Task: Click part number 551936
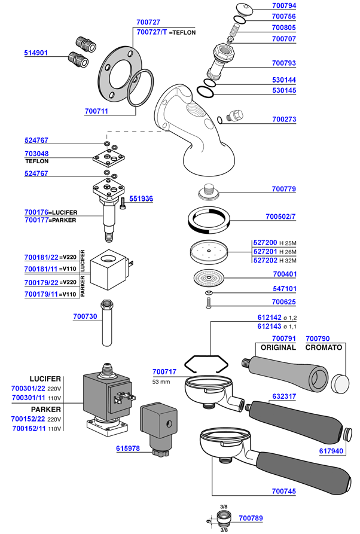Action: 141,199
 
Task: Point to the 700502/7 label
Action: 280,216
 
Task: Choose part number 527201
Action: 264,252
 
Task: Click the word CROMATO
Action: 324,347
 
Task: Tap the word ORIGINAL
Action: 276,347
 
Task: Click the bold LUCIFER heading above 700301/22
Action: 45,379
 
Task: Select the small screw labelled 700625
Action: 209,304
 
